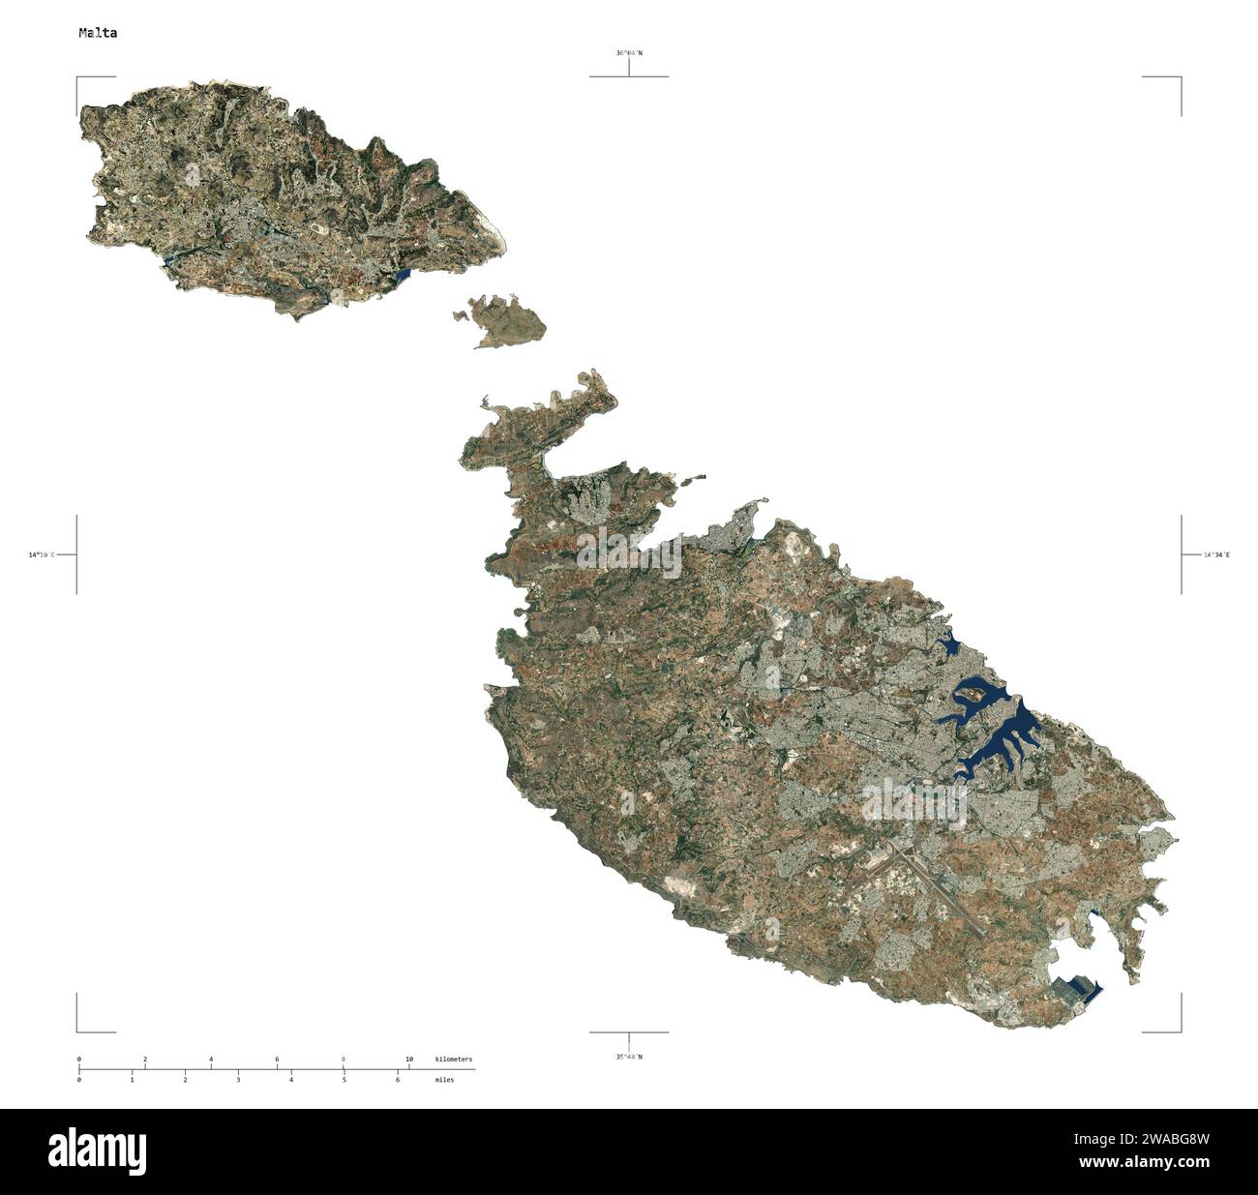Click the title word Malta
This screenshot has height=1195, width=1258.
point(98,33)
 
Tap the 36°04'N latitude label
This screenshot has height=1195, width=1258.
point(628,53)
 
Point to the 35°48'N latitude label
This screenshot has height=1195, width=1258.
point(628,1056)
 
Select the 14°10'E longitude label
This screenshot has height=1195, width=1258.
point(42,555)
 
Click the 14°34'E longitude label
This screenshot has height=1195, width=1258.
point(1216,555)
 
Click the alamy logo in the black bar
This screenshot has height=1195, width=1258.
point(98,1150)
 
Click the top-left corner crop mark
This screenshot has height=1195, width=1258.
point(78,77)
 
